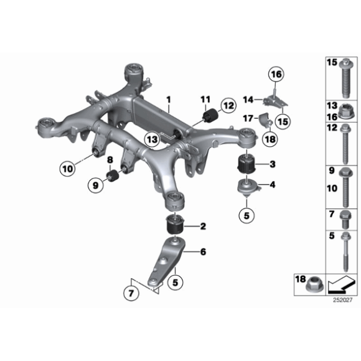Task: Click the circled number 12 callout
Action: (x=228, y=105)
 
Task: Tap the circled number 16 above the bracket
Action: (x=275, y=76)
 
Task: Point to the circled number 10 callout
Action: (x=67, y=167)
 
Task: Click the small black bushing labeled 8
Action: (x=113, y=179)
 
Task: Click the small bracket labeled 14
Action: (x=271, y=100)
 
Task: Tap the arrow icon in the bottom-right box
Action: (x=341, y=285)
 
